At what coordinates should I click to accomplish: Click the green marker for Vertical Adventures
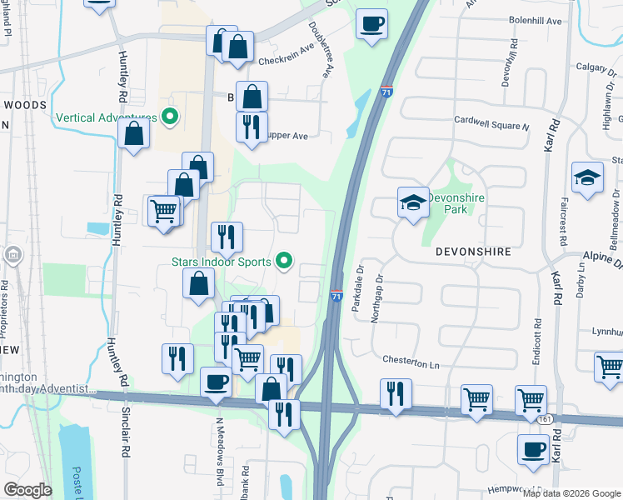171,117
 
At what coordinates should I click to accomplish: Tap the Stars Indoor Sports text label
221,262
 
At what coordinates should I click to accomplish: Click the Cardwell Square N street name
491,126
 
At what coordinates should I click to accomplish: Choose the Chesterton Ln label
411,362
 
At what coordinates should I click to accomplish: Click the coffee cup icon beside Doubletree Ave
371,23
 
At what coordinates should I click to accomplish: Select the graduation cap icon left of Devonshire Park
412,204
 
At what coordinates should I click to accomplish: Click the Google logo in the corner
27,490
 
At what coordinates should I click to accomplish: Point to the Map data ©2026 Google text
571,493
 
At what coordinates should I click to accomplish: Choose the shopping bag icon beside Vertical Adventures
133,133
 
